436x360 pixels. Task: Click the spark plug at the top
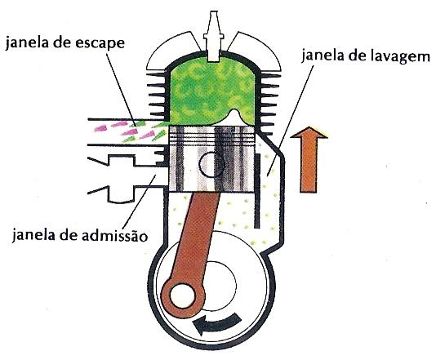[213, 36]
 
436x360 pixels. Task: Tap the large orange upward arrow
[309, 159]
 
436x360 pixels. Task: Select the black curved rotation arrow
[217, 324]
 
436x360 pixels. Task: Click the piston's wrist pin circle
[211, 164]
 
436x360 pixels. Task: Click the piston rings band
[212, 136]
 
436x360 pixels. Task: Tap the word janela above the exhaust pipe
[25, 44]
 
